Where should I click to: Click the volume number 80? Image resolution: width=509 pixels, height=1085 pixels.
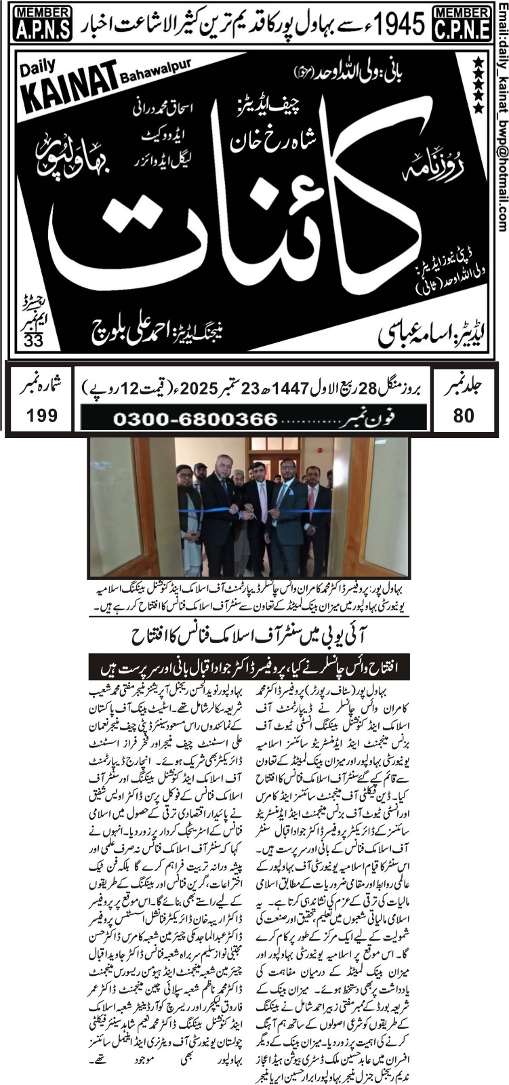tap(464, 415)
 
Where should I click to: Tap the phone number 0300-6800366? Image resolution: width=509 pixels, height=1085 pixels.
tap(196, 419)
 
